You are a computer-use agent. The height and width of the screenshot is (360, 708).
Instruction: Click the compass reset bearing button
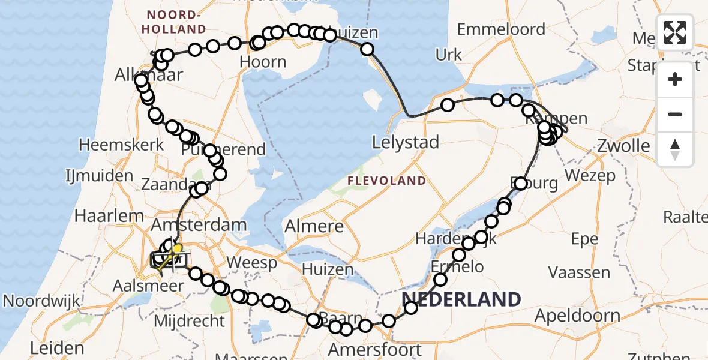click(x=675, y=149)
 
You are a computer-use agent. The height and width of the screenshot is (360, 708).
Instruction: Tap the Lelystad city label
click(x=406, y=143)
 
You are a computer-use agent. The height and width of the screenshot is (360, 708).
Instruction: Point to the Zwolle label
click(x=623, y=146)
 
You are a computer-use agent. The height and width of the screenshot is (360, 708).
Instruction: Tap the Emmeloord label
click(x=501, y=29)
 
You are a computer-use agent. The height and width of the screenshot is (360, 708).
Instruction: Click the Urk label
click(x=448, y=55)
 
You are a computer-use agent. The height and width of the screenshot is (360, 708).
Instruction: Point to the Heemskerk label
click(x=121, y=145)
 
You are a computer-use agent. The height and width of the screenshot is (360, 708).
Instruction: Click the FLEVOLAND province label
click(x=390, y=181)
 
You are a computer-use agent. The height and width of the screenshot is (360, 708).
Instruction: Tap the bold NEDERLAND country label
click(x=461, y=299)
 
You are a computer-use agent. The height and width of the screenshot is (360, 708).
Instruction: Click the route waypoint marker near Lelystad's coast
click(x=447, y=106)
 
